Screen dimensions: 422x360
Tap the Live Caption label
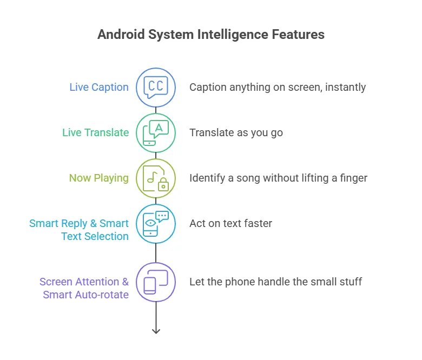[99, 87]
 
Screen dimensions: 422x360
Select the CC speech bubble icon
[156, 87]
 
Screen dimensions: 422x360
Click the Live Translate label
[96, 132]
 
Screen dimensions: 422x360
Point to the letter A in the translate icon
[159, 128]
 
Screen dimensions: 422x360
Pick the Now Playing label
[99, 178]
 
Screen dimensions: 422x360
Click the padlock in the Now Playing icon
[163, 184]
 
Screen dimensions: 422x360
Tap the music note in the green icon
[153, 177]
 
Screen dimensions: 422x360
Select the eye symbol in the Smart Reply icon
[150, 223]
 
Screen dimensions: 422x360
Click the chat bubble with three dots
[162, 216]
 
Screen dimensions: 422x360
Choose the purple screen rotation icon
[156, 282]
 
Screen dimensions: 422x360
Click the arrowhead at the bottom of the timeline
[156, 331]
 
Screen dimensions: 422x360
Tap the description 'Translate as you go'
[236, 133]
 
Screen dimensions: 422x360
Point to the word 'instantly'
[345, 88]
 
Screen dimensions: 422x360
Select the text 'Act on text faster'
[230, 223]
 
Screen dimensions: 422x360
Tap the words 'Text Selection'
[95, 236]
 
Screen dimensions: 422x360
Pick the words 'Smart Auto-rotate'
[86, 295]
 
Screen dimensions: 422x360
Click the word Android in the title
[121, 35]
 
